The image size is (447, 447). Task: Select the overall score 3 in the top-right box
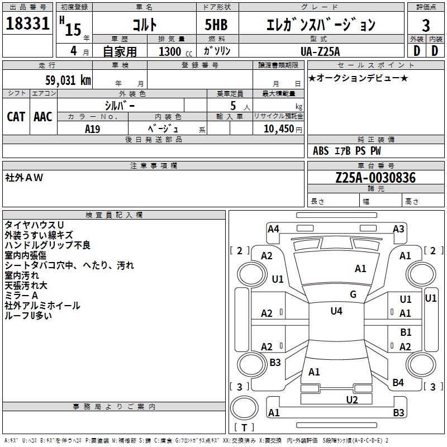coord(426,25)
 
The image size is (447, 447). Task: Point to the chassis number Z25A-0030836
coord(375,178)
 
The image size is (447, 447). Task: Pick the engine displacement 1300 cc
coord(173,51)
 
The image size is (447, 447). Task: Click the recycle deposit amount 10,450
coord(275,128)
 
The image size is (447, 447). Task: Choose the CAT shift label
coord(16,116)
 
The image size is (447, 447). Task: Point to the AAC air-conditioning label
coord(43,116)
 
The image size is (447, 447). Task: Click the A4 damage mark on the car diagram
coord(273,229)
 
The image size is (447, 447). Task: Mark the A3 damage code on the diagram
coord(398,229)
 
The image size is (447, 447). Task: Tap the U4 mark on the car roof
coord(336,311)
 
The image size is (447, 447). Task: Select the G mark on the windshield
coord(353,294)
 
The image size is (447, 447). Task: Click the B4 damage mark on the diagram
coord(398,383)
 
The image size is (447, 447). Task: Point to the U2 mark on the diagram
coord(352,400)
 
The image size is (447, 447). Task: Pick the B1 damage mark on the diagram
coord(406,332)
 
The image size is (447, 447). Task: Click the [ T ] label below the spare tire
coord(244,428)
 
